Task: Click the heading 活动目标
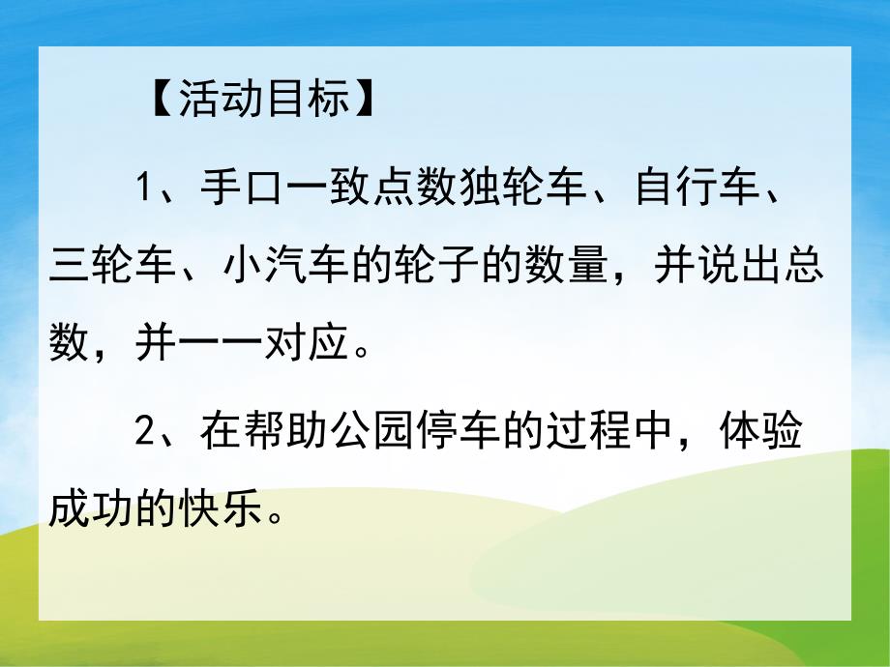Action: click(264, 100)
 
